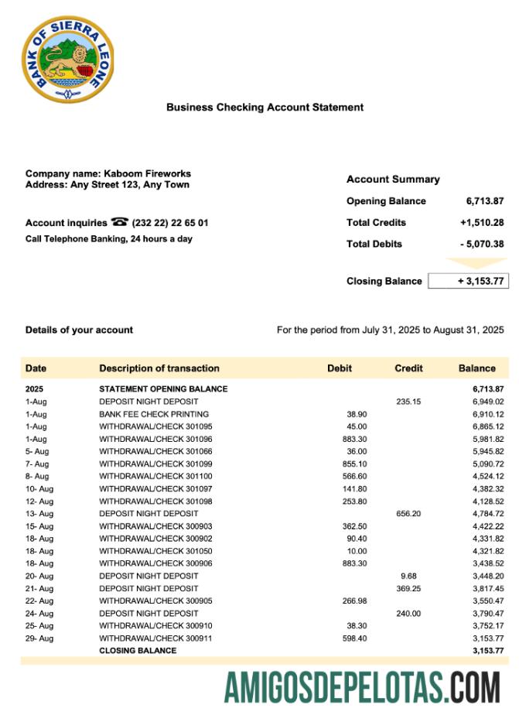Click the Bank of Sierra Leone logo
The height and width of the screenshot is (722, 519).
tap(68, 60)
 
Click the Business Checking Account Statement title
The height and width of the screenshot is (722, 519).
tap(265, 108)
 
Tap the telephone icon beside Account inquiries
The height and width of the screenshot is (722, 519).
tap(120, 223)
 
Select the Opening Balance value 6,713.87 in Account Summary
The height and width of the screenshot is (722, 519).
tap(485, 201)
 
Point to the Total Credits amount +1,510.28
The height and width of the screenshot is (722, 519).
tap(482, 223)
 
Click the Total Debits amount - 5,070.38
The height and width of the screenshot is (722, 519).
tap(482, 245)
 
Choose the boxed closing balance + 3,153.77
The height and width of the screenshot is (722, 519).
tap(468, 281)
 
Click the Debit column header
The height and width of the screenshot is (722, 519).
tap(340, 368)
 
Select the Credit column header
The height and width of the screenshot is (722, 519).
tap(408, 368)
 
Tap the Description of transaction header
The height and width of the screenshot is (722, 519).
tap(159, 368)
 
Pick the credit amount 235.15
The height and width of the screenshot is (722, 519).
tap(408, 402)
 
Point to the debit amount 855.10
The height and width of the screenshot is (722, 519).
tap(354, 464)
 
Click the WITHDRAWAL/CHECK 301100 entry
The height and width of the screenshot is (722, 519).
tap(155, 477)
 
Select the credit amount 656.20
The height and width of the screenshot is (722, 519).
tap(408, 514)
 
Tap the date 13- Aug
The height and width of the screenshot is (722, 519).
tap(39, 514)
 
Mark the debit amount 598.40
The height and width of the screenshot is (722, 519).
tap(354, 638)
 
